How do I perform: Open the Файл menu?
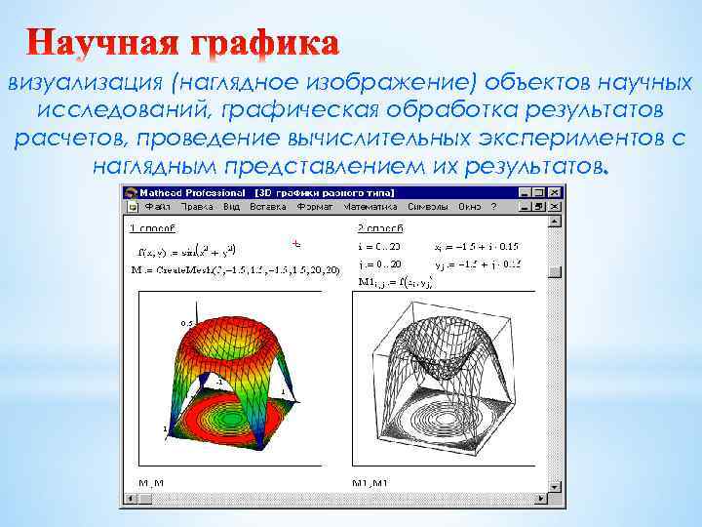coord(157,207)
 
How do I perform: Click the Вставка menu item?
coord(268,207)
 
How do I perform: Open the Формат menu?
coord(316,207)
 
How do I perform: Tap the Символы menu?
coord(428,207)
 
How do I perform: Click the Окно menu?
coord(470,207)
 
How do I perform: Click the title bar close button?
coord(555,192)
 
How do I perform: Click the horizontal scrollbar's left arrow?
coord(128,501)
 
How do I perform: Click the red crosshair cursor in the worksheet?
coord(294,241)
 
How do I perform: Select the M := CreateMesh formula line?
coord(234,268)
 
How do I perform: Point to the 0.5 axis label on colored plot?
coord(185,323)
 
